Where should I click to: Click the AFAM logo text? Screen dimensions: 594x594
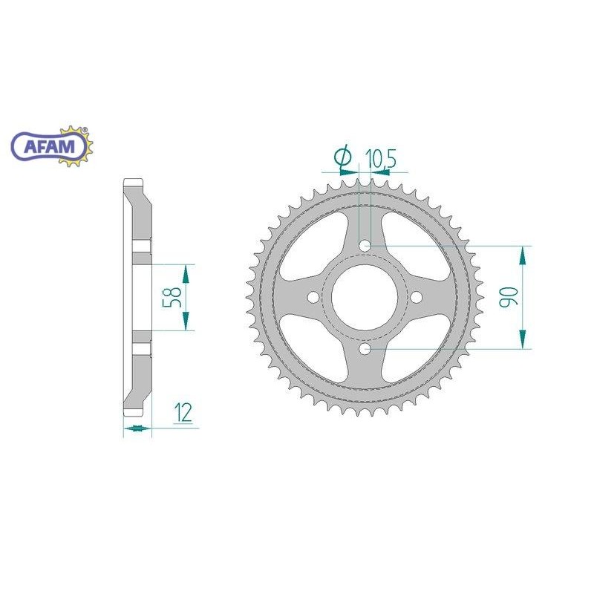pos(49,146)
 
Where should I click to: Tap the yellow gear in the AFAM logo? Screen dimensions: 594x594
pos(76,146)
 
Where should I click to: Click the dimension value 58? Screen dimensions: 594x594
pos(172,297)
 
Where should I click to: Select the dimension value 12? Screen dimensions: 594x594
pos(183,413)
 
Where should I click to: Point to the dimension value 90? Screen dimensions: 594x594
pos(509,297)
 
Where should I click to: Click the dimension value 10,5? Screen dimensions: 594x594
pos(380,159)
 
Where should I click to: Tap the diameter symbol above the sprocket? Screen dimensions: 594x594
pos(343,157)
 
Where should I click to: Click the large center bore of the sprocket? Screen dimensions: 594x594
pos(365,297)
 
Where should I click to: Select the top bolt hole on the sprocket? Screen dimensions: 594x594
pos(365,246)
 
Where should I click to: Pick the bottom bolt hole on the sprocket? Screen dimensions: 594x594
pos(365,349)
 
